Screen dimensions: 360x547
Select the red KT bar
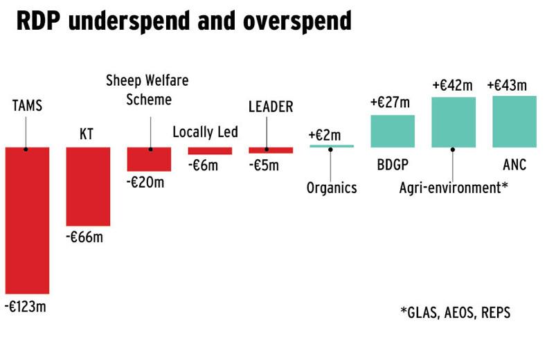(88, 186)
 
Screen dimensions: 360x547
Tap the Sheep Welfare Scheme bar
(148, 159)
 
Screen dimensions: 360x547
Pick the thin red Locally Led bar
(210, 150)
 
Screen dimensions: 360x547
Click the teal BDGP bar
(393, 131)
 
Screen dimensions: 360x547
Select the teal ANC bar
(514, 121)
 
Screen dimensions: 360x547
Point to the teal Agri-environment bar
(454, 122)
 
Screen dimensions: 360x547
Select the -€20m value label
(146, 182)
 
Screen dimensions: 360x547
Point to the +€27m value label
(390, 102)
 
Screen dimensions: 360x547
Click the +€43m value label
(507, 85)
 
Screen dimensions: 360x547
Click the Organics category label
(332, 188)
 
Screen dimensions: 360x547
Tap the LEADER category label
(271, 107)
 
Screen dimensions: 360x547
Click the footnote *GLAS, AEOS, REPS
(455, 312)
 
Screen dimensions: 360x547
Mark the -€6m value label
(204, 165)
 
